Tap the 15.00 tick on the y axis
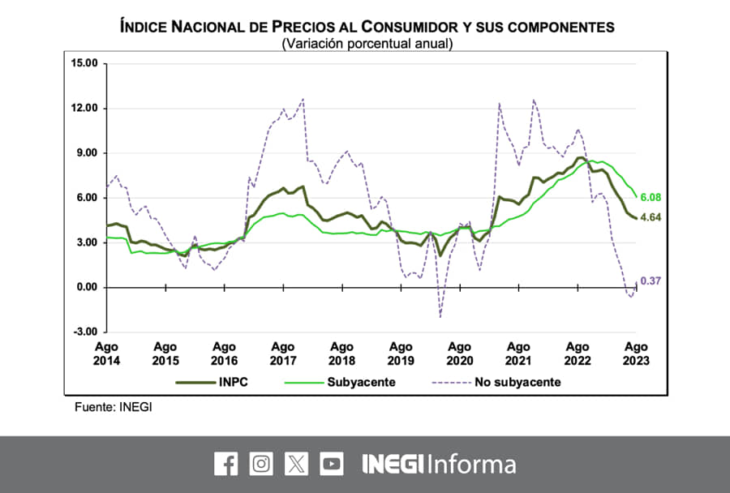click(84, 63)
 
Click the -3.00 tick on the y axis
click(84, 332)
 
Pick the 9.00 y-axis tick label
click(84, 153)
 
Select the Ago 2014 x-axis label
click(106, 353)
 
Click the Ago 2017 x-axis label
click(283, 353)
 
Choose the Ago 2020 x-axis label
click(459, 353)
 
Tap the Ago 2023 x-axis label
click(636, 353)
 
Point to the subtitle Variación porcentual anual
click(367, 44)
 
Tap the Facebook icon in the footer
click(226, 464)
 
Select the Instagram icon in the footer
click(261, 464)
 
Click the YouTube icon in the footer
click(331, 464)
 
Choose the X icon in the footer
click(296, 464)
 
